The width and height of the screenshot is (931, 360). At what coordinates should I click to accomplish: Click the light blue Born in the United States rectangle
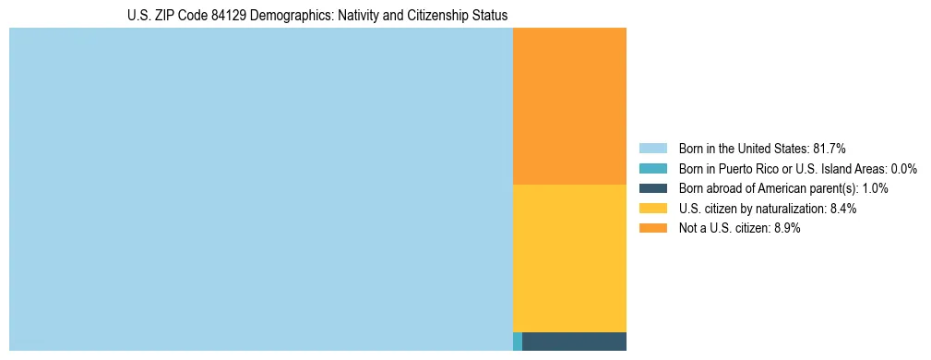pos(260,189)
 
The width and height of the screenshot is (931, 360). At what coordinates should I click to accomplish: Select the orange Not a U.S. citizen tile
pos(569,106)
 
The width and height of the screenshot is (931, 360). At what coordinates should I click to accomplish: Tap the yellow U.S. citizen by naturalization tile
pos(569,258)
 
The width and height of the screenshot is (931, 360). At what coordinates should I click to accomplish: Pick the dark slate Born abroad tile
pos(574,342)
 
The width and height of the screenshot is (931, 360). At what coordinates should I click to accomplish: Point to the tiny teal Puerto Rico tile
pos(518,342)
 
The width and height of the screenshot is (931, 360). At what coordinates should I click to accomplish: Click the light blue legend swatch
pos(652,148)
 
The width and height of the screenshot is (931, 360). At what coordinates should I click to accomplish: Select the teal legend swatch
pos(652,168)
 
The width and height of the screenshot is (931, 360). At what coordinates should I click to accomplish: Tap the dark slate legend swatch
pos(652,188)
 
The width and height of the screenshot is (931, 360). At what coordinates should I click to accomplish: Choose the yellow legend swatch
pos(652,209)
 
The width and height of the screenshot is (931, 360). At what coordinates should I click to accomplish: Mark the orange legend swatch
pos(652,229)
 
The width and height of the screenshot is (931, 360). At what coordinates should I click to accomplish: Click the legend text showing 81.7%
pos(762,148)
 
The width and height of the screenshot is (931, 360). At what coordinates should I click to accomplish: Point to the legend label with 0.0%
pos(797,168)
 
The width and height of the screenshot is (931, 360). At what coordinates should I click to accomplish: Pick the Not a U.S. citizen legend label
pos(739,229)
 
